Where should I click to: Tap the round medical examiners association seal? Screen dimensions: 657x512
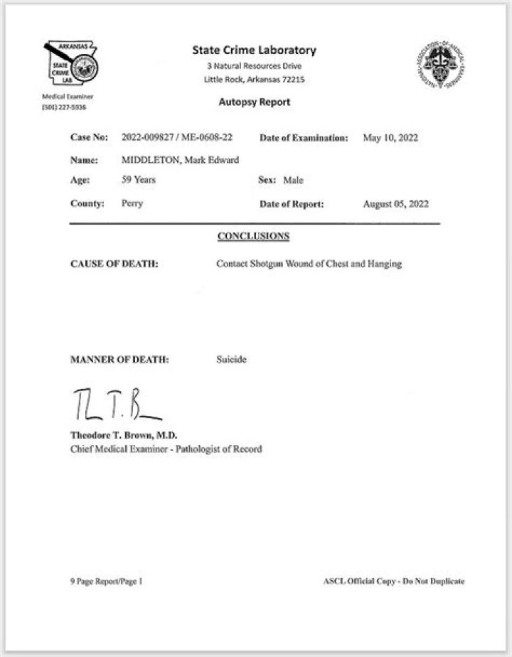pos(439,68)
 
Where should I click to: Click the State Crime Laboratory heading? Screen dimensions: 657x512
pos(254,50)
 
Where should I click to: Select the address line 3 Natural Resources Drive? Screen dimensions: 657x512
pos(254,66)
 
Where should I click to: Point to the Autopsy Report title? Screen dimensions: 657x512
pos(254,102)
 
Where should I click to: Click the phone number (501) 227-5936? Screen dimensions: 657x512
pos(64,107)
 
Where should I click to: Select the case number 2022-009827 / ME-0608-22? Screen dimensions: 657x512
pos(178,137)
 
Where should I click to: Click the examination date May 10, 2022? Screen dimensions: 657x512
pos(390,137)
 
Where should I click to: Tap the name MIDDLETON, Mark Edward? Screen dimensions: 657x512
pos(180,159)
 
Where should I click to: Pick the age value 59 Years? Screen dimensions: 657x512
pos(139,180)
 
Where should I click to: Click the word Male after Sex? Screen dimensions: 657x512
pos(293,181)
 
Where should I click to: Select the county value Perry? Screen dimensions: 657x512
pos(132,203)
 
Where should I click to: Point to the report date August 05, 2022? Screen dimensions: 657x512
pos(395,203)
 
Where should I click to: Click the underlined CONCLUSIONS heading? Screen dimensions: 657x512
pos(253,235)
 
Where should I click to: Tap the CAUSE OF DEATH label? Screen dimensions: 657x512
pos(114,264)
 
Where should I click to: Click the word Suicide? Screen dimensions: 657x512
pos(231,360)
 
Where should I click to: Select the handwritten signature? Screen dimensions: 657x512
pos(114,405)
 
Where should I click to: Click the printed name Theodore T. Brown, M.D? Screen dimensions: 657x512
pos(124,435)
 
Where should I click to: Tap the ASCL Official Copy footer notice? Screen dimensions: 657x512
pos(393,581)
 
